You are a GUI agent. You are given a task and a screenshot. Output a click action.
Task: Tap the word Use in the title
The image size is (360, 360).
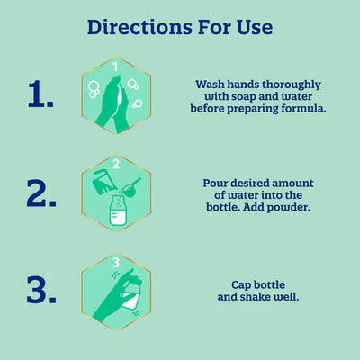point(252,27)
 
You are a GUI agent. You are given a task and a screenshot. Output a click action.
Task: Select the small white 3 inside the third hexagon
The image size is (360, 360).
point(116,262)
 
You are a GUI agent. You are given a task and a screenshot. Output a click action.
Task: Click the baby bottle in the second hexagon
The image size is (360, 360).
point(117,211)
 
